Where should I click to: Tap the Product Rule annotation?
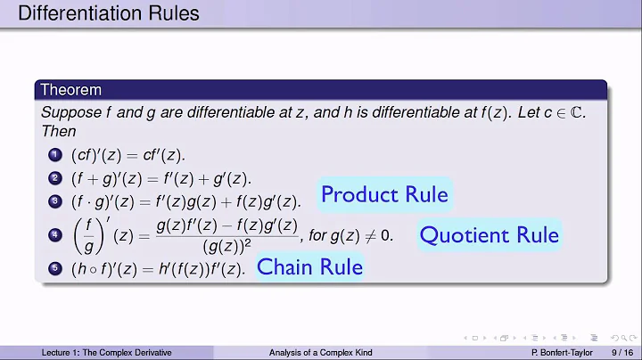(384, 194)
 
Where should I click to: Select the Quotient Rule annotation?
(489, 235)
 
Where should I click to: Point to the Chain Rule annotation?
(309, 266)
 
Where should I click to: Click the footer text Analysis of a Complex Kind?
(321, 353)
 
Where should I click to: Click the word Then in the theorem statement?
(58, 130)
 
